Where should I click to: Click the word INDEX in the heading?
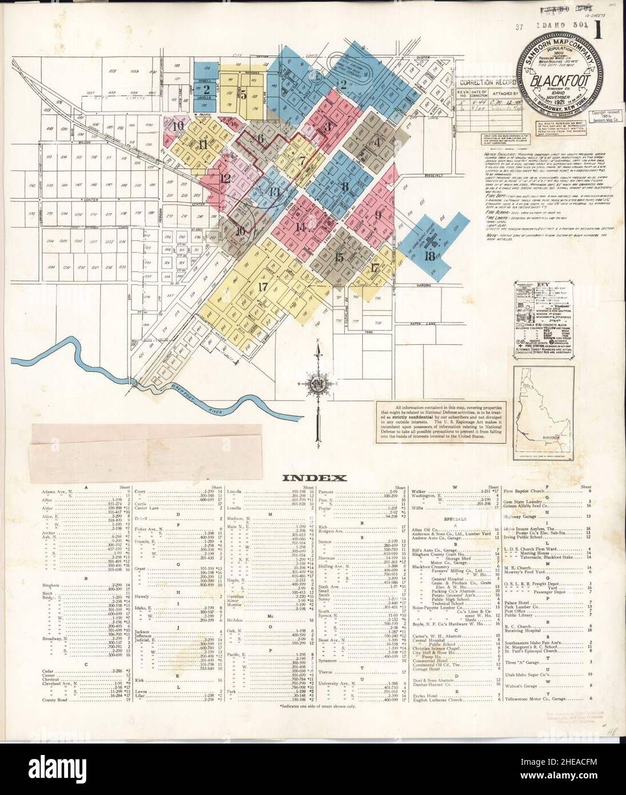[x=313, y=478]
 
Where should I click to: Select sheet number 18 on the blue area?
[x=430, y=256]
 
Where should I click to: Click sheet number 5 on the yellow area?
[x=244, y=95]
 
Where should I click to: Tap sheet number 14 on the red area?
[x=300, y=226]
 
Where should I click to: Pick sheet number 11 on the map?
[x=203, y=145]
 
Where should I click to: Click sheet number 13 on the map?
[x=275, y=192]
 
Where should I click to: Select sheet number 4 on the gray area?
[x=376, y=142]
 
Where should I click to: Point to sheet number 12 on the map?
[x=226, y=178]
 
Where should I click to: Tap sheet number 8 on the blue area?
[x=344, y=186]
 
